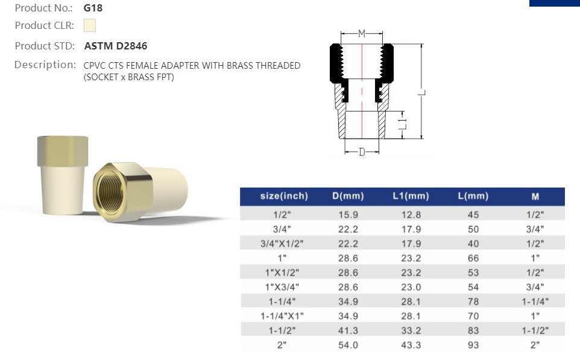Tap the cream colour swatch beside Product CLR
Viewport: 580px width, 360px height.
click(90, 25)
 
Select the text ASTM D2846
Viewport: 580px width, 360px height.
click(115, 46)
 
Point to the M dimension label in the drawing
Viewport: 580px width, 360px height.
click(362, 34)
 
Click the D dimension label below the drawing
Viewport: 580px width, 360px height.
click(362, 152)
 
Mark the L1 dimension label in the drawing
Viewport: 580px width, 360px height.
click(404, 124)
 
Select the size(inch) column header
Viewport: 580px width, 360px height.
click(283, 196)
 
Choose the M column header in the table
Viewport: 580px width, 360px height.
click(535, 196)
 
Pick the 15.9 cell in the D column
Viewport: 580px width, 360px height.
click(348, 215)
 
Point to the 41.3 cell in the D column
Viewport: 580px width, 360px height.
click(348, 330)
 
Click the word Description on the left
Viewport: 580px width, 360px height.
click(44, 65)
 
